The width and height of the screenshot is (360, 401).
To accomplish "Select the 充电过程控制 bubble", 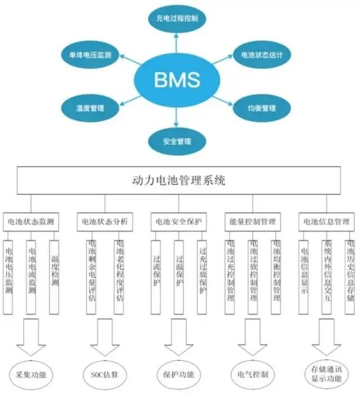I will coord(177,19).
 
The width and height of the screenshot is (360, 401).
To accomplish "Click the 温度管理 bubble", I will coord(90,107).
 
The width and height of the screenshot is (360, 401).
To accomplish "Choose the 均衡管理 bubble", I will coord(261,107).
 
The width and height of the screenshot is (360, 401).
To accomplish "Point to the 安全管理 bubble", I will coord(177,141).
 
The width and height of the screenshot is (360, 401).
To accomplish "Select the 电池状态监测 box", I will coord(31,222).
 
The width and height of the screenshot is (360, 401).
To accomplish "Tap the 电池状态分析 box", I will coord(105,222).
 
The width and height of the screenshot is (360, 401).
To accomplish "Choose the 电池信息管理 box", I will coord(326,222).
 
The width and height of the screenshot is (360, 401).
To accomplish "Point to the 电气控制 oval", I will coord(253,374).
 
